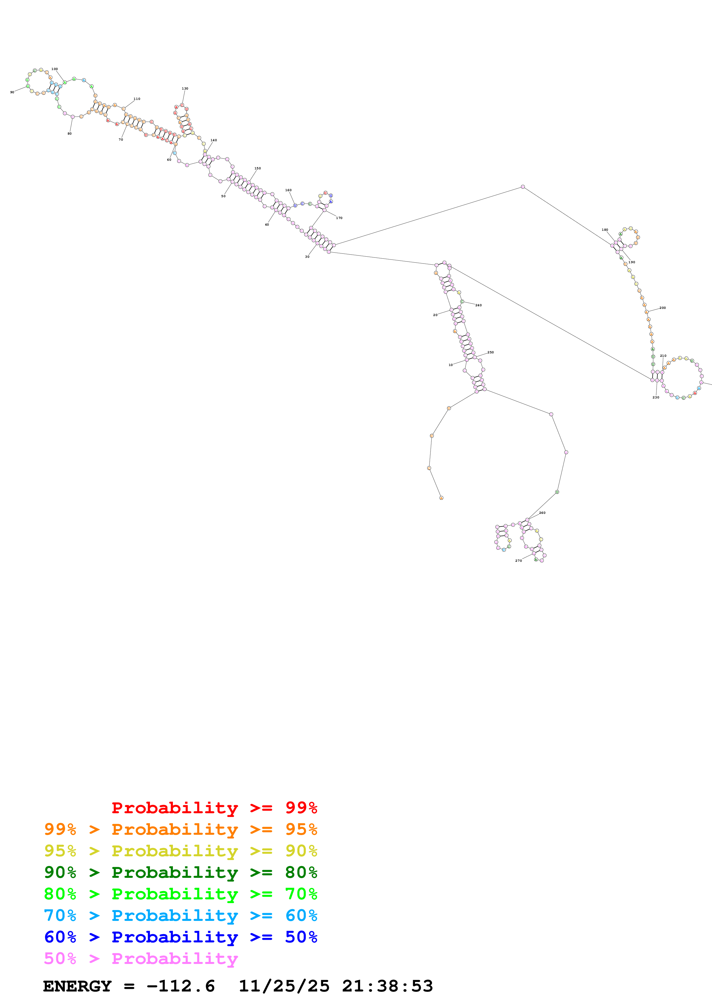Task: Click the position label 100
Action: tap(54, 69)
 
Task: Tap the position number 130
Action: tap(185, 89)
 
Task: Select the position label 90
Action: tap(12, 92)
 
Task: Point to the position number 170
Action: tap(339, 218)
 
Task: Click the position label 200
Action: tap(662, 308)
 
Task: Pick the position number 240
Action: tap(478, 305)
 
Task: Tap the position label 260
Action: tap(542, 513)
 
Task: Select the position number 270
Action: tap(518, 561)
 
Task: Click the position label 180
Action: tap(605, 230)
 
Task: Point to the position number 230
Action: tap(656, 397)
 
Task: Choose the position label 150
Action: tap(258, 169)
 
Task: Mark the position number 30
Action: tap(307, 257)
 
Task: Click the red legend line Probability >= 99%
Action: tap(214, 807)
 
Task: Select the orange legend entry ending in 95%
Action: tap(181, 829)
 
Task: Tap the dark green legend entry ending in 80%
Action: tap(181, 872)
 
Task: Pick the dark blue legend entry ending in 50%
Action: tap(181, 937)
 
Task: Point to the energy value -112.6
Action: tap(181, 986)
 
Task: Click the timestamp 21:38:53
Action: tap(387, 986)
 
